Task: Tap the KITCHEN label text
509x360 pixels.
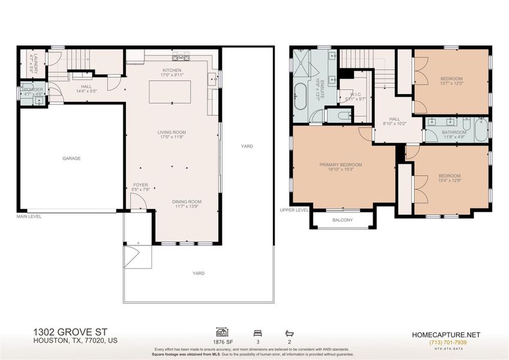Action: click(171, 70)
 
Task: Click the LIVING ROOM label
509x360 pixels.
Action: click(171, 132)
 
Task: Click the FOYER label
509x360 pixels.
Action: click(140, 185)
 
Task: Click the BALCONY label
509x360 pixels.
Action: click(342, 220)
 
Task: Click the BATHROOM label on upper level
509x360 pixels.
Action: click(454, 132)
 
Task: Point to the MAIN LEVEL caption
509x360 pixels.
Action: click(29, 216)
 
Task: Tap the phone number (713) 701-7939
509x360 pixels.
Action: click(447, 343)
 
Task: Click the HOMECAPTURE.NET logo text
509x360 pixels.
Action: click(447, 335)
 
